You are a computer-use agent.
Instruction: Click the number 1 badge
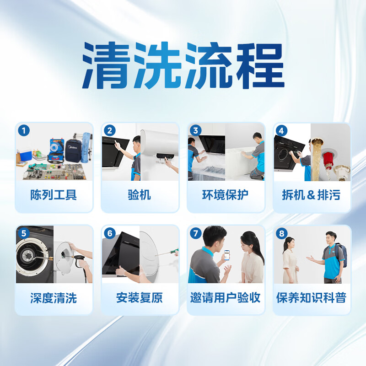pyautogui.click(x=24, y=130)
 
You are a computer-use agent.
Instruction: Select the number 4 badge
pyautogui.click(x=281, y=130)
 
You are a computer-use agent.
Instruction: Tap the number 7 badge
pyautogui.click(x=195, y=233)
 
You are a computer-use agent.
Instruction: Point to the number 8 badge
pyautogui.click(x=281, y=233)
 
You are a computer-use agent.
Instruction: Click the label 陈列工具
pyautogui.click(x=54, y=195)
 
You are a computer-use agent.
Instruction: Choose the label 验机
pyautogui.click(x=139, y=195)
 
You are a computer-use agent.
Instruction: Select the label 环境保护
pyautogui.click(x=225, y=195)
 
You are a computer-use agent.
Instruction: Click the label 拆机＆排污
pyautogui.click(x=311, y=195)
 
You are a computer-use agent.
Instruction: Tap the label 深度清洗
pyautogui.click(x=54, y=298)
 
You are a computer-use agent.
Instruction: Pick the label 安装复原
pyautogui.click(x=139, y=298)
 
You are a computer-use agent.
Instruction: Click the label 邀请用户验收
pyautogui.click(x=225, y=298)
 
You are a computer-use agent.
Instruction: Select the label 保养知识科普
pyautogui.click(x=311, y=298)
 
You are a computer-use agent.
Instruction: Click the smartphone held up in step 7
pyautogui.click(x=226, y=254)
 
